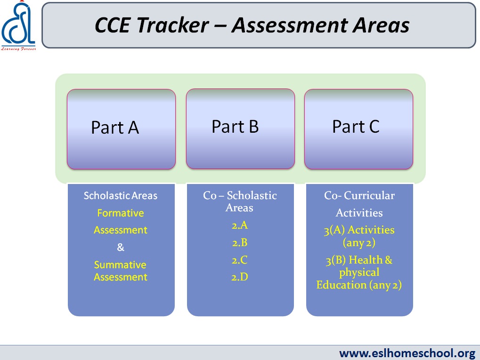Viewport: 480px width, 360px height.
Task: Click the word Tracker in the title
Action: pos(173,25)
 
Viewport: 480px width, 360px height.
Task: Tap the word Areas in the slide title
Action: pos(381,25)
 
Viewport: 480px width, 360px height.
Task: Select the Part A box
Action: pos(121,129)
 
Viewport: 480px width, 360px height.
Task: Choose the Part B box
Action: pos(240,129)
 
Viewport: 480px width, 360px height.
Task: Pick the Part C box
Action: pos(358,129)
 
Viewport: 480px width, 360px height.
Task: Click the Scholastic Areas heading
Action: pos(120,195)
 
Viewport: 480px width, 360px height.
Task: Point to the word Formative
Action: pos(120,213)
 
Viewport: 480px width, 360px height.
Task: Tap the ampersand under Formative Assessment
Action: pos(121,247)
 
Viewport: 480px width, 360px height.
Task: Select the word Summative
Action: pos(120,264)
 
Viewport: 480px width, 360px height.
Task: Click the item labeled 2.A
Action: pos(240,225)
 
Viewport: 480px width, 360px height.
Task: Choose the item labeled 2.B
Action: pos(240,242)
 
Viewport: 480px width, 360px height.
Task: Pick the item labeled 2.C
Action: pos(240,260)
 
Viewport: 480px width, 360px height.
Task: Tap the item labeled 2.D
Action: pos(240,277)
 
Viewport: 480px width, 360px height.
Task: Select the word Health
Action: pos(366,260)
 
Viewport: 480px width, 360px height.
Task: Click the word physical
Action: pos(359,272)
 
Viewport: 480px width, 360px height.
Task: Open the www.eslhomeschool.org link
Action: pos(407,353)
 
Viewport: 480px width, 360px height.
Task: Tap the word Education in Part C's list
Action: pos(342,285)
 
